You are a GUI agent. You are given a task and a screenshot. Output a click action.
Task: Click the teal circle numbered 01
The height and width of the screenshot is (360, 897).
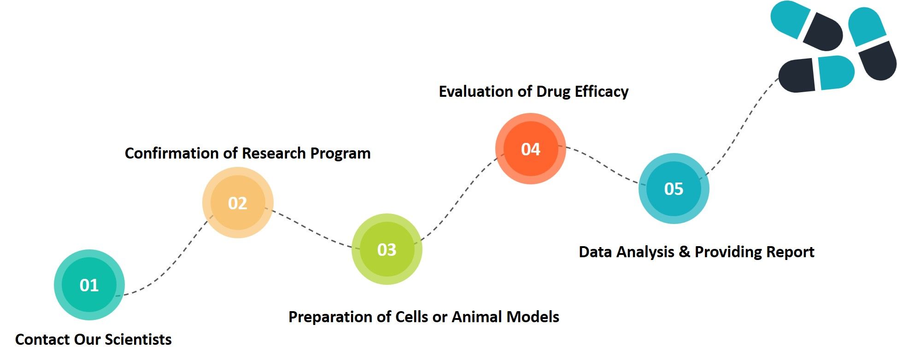89,285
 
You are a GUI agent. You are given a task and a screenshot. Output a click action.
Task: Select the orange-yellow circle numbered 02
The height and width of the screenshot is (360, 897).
238,203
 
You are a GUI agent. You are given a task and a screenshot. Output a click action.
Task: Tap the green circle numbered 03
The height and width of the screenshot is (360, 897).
387,249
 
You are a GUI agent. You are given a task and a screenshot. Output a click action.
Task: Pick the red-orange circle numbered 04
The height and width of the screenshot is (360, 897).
531,149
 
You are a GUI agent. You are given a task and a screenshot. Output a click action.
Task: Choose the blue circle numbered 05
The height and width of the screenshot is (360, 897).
674,189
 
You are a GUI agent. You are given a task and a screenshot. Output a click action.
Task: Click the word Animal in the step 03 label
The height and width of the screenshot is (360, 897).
477,317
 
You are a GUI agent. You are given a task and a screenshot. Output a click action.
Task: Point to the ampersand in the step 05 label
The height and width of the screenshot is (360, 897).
684,252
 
